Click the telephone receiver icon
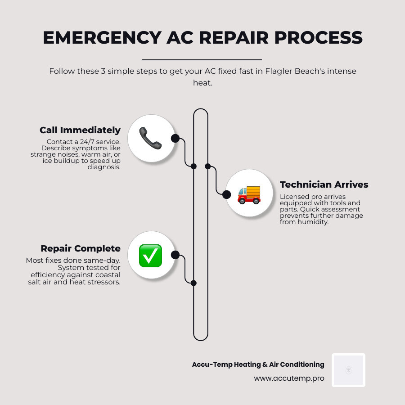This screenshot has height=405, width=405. (x=150, y=138)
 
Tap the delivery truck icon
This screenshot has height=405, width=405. (x=249, y=193)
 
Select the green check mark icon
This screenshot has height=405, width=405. (x=150, y=256)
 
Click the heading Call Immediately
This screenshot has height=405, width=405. (x=80, y=130)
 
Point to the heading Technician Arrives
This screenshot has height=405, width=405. (x=324, y=184)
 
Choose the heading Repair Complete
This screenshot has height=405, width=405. (x=81, y=248)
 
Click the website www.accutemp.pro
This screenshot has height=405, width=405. (x=289, y=378)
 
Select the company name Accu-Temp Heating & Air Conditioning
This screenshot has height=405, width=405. (x=258, y=364)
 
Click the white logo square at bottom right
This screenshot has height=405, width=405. (x=348, y=370)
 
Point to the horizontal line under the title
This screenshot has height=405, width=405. (x=202, y=59)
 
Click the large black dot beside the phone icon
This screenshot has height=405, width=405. (x=175, y=138)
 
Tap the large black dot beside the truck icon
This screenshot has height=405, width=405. (x=227, y=194)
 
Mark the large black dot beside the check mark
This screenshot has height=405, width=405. (x=175, y=255)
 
